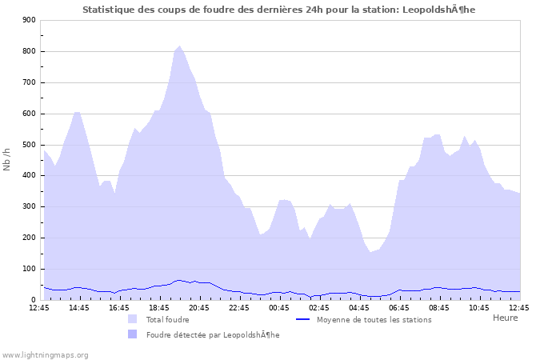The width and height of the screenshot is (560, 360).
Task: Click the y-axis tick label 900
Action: point(28,20)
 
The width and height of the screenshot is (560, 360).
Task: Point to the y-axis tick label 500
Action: point(28,145)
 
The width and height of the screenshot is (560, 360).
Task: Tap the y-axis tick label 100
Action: point(28,269)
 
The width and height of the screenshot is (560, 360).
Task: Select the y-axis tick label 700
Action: point(28,82)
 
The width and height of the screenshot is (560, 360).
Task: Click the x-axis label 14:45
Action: point(79,307)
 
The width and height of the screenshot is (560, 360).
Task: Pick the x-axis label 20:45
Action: point(199,307)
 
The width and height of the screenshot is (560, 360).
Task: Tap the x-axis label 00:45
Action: point(279,307)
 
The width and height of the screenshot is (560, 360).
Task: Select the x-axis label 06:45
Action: point(399,307)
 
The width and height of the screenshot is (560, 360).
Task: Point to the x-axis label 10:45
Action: point(479,307)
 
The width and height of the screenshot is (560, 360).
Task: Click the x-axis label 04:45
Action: point(359,307)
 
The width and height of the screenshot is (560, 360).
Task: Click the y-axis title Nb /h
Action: point(7,160)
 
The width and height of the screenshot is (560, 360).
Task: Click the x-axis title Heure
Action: point(505,318)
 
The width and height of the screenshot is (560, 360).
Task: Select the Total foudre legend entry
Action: point(167,319)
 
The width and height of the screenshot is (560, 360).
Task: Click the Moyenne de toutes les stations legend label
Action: point(374,319)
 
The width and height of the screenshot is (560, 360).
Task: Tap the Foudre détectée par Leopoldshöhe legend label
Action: point(213,334)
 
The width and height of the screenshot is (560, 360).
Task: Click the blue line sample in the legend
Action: point(302,319)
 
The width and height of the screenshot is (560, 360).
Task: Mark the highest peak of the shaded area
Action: point(179,46)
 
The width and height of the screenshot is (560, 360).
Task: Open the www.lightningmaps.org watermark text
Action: point(45,354)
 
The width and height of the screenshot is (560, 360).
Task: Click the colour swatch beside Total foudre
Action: point(132,319)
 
